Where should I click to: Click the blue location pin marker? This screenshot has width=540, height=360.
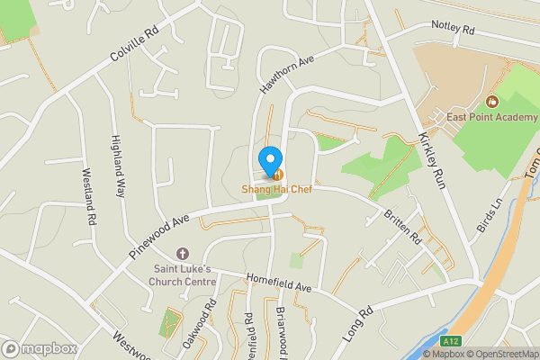pos(268,160)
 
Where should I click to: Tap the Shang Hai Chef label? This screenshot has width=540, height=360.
pos(275,189)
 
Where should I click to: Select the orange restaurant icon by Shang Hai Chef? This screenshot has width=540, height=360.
pos(278,174)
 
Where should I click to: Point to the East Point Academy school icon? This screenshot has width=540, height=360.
pos(491,101)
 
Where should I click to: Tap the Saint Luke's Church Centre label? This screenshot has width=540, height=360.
pos(182,275)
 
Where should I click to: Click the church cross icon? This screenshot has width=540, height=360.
pos(184,256)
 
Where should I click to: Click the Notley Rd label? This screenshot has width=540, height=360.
pos(452,28)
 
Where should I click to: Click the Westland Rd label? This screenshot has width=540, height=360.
pos(89,196)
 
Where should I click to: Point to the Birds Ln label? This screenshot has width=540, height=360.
pos(490,214)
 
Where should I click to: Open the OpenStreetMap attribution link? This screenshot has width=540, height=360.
pos(501,354)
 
